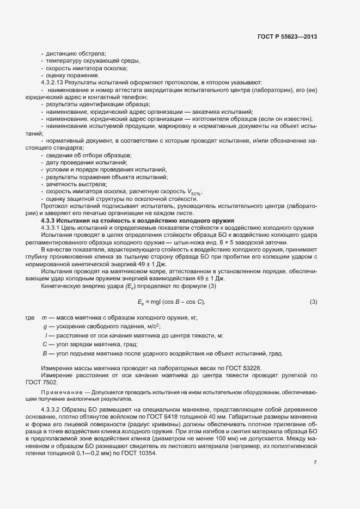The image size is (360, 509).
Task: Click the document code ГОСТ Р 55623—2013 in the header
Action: click(x=287, y=36)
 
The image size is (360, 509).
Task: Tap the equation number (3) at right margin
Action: click(x=313, y=302)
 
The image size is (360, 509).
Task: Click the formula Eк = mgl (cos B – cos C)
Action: click(x=171, y=302)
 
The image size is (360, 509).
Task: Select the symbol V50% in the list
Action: click(x=194, y=192)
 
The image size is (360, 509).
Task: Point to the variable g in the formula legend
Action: click(x=45, y=326)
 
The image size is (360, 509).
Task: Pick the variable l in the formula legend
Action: click(x=46, y=335)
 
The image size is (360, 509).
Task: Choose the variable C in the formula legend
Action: click(x=45, y=345)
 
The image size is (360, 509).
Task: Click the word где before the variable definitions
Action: click(x=29, y=317)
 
